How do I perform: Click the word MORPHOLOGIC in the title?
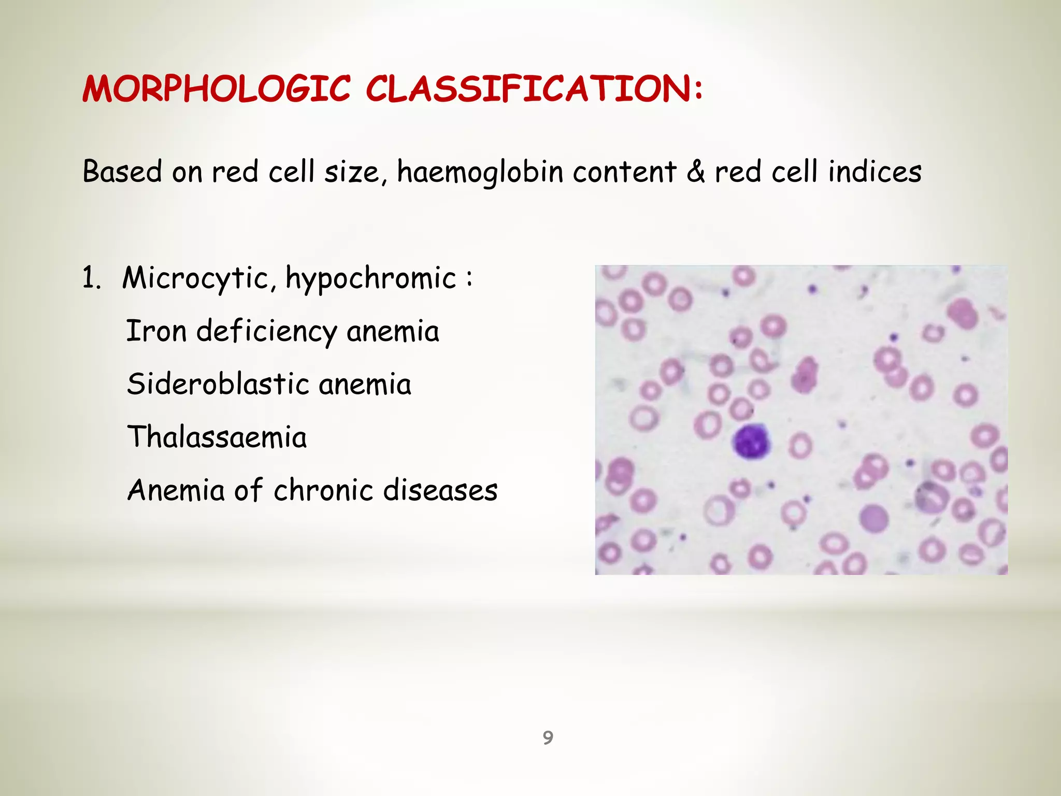click(217, 89)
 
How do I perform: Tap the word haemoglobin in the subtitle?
click(480, 172)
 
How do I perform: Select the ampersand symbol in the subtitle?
click(695, 172)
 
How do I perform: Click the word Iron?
click(156, 331)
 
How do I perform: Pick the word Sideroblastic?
click(218, 385)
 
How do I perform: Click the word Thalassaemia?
click(217, 437)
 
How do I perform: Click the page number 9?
click(548, 737)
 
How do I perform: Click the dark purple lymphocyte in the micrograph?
click(751, 442)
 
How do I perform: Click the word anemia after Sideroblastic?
click(365, 385)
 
